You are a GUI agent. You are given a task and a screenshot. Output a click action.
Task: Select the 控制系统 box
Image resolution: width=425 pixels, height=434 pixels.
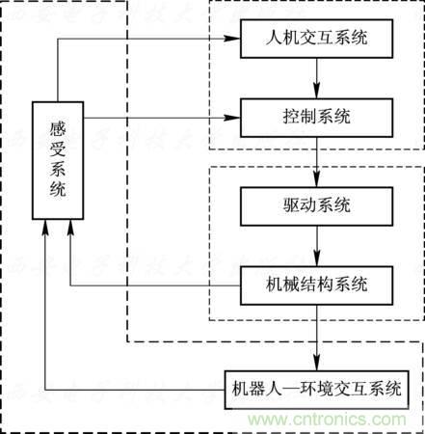point(317,118)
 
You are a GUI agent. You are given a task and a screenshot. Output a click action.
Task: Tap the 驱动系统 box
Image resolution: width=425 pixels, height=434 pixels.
point(317,205)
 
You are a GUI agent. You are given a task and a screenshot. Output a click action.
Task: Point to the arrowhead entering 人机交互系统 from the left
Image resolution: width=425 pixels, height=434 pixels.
point(233,41)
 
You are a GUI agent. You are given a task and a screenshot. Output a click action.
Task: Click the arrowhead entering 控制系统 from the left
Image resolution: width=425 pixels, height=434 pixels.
point(233,118)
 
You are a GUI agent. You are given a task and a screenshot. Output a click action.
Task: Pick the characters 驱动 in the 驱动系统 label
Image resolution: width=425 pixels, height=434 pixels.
point(296,205)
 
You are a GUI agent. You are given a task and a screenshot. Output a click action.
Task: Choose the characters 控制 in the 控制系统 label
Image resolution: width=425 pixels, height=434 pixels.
point(296,118)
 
